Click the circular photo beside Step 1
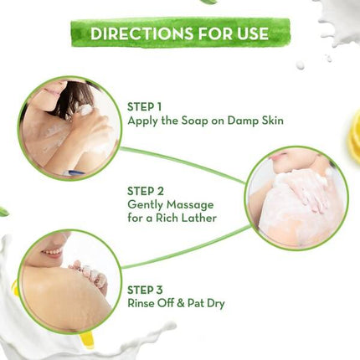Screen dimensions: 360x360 (x=69, y=128)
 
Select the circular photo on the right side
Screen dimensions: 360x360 (x=296, y=198)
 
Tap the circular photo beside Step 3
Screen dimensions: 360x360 (x=69, y=282)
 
